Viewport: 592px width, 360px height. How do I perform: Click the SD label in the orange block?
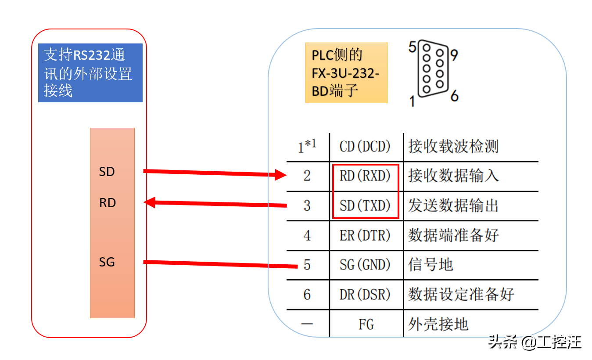[x=107, y=172]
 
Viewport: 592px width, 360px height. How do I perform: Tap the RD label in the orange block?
[x=107, y=203]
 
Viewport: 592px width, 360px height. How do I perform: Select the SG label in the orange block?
[x=107, y=262]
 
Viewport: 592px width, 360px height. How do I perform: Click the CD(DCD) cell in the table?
[x=365, y=147]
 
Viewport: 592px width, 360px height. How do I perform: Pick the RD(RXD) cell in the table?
[x=365, y=176]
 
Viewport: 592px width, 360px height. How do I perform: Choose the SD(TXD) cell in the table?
[x=365, y=205]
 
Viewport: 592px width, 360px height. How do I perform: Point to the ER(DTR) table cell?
[x=365, y=235]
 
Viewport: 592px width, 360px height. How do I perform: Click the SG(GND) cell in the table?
[x=365, y=265]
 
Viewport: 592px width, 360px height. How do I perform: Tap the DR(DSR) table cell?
[x=365, y=294]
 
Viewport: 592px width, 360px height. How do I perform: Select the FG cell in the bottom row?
[x=366, y=324]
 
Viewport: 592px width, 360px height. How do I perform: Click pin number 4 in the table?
[x=307, y=235]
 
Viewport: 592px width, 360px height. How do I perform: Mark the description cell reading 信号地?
[x=430, y=265]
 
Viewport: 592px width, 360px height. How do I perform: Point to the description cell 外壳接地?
[x=438, y=324]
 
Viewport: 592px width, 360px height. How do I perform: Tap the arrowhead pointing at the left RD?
[x=151, y=202]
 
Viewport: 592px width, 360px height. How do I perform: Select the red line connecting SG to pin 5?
[x=219, y=264]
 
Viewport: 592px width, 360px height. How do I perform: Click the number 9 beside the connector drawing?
[x=454, y=55]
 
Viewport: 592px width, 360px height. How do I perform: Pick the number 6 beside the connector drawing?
[x=454, y=95]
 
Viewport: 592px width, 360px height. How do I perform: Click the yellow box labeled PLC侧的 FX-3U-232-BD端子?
[x=346, y=73]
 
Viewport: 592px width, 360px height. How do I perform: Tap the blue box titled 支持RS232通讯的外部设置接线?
[x=90, y=73]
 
